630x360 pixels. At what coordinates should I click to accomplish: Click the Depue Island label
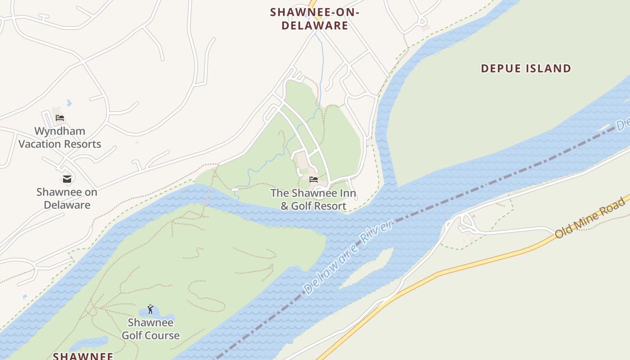(526, 68)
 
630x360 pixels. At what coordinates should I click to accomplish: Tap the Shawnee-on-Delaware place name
(315, 19)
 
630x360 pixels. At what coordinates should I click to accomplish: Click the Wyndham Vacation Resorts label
(60, 138)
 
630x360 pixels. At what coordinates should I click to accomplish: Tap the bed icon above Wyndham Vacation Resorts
(60, 118)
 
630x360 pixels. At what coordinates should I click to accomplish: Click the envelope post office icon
(67, 179)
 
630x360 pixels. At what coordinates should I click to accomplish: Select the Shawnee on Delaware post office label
(67, 198)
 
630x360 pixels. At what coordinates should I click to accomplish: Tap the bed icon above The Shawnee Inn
(314, 179)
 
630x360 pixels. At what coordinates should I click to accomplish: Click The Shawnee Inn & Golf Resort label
(313, 200)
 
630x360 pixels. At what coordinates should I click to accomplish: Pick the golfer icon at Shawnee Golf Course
(150, 309)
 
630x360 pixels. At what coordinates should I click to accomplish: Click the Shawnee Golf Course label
(150, 329)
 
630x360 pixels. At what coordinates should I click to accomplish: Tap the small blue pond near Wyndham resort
(69, 103)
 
